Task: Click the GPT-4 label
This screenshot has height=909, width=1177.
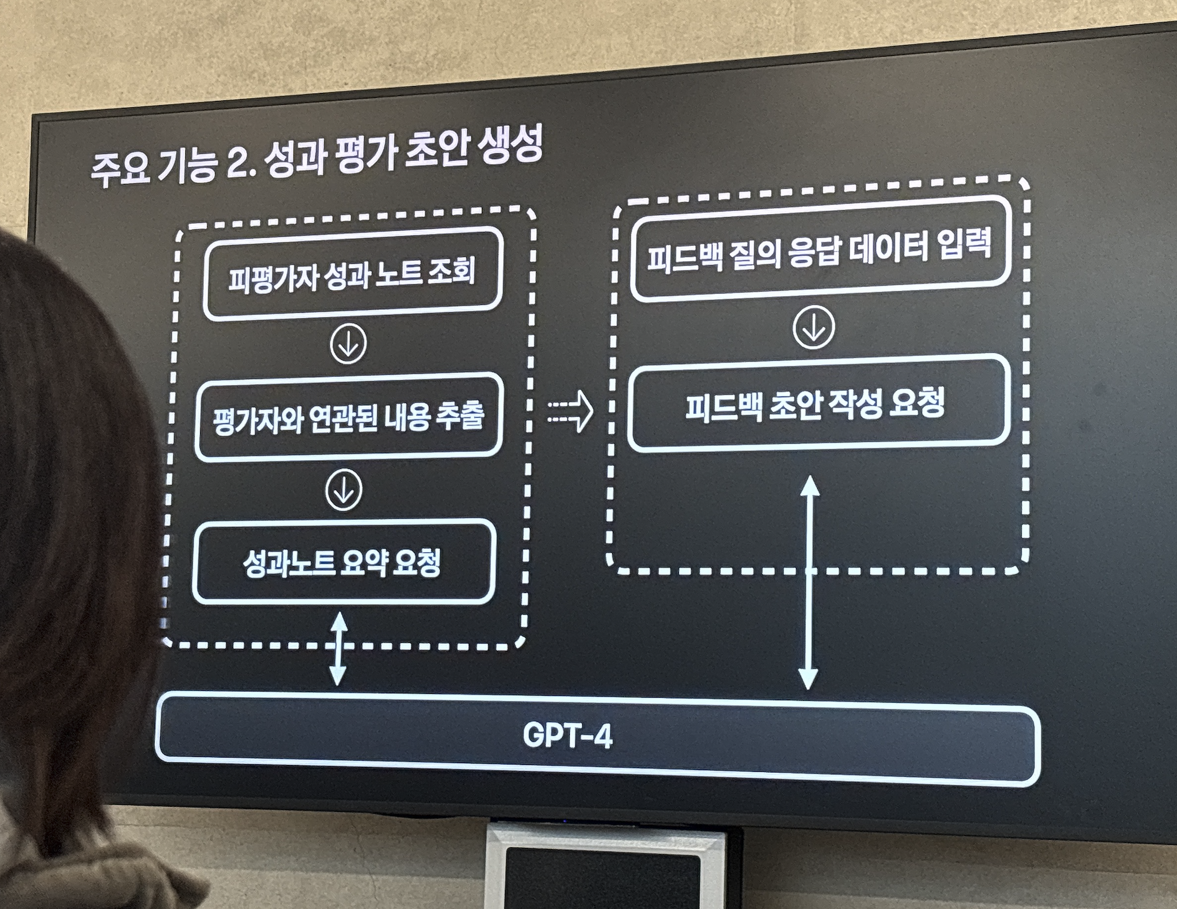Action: (x=567, y=736)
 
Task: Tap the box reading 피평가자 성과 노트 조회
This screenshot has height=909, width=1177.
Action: (x=352, y=274)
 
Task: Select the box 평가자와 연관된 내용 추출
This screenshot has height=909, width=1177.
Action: (x=348, y=416)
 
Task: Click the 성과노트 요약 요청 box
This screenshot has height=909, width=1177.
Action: (x=343, y=562)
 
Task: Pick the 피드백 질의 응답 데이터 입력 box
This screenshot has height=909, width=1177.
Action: (x=819, y=250)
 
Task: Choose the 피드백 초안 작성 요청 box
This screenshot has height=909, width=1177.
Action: (x=817, y=403)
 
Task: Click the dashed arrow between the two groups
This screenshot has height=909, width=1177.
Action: (x=570, y=411)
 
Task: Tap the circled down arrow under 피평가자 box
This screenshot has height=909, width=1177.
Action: (x=348, y=343)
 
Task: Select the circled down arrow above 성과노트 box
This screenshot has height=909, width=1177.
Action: (x=343, y=489)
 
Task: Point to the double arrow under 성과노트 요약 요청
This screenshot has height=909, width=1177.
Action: (x=338, y=648)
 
